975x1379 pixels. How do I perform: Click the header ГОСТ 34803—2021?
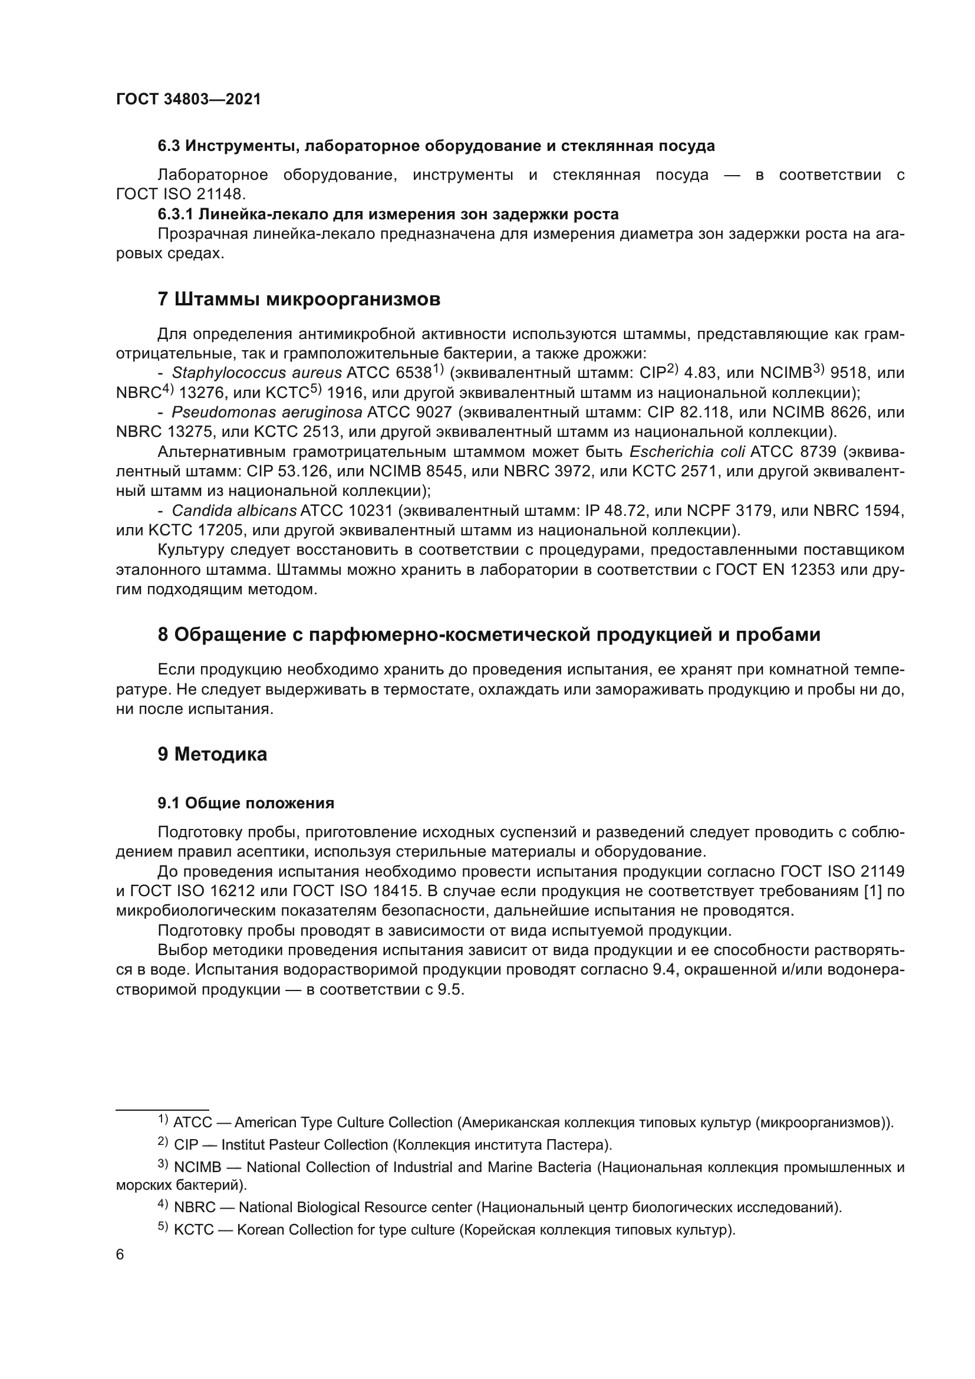point(189,100)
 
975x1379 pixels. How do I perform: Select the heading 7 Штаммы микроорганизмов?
point(299,299)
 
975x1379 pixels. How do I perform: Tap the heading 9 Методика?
point(212,755)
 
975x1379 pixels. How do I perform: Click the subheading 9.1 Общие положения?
point(246,803)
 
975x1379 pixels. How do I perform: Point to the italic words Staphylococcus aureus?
point(256,374)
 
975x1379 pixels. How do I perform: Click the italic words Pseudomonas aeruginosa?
point(266,413)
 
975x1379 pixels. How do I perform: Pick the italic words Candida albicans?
point(234,511)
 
